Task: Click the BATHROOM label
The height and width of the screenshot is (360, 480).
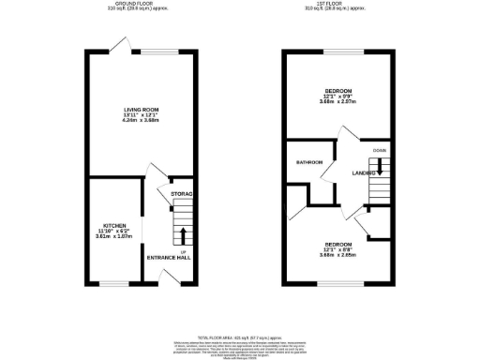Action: (309, 162)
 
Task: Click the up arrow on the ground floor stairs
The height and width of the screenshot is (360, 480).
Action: (182, 234)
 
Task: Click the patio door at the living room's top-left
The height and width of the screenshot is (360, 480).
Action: (118, 43)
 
